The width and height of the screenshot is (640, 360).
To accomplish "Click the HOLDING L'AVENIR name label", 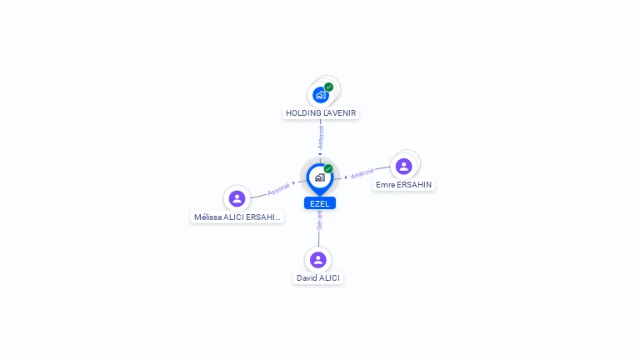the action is [x=321, y=113].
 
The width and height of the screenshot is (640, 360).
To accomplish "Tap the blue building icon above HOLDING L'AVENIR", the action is [x=321, y=95].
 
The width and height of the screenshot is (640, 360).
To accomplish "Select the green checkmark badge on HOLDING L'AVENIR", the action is [x=329, y=87].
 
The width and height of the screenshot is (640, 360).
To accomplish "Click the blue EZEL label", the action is [x=320, y=203].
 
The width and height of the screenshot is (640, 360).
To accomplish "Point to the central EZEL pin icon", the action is [x=320, y=179].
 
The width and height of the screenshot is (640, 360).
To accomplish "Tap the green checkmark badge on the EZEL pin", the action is [x=328, y=168].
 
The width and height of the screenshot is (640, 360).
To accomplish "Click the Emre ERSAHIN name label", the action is [x=403, y=185].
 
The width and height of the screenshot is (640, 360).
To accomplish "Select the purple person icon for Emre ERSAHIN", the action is [x=403, y=166].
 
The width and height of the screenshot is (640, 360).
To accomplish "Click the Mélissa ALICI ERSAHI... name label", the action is [x=237, y=217].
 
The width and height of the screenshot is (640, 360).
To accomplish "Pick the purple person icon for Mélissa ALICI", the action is [x=237, y=199].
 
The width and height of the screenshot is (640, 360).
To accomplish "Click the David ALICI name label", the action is [x=318, y=278].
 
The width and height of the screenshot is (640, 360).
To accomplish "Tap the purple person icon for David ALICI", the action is [x=318, y=260].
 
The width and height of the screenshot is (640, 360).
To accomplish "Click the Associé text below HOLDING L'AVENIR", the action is [x=321, y=137].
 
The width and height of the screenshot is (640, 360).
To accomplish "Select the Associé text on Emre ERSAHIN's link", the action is [x=362, y=173].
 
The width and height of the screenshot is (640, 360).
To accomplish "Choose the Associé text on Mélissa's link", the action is [x=278, y=189].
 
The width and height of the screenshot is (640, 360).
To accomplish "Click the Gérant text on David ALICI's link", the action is [x=319, y=220].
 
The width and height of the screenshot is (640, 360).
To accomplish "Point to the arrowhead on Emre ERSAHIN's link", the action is [x=346, y=177].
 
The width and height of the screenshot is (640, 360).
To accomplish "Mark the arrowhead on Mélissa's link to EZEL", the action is [x=293, y=183].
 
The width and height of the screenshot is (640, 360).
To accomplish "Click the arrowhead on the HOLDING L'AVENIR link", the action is [x=320, y=154].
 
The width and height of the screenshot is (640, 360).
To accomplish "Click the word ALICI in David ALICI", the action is [x=329, y=278].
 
